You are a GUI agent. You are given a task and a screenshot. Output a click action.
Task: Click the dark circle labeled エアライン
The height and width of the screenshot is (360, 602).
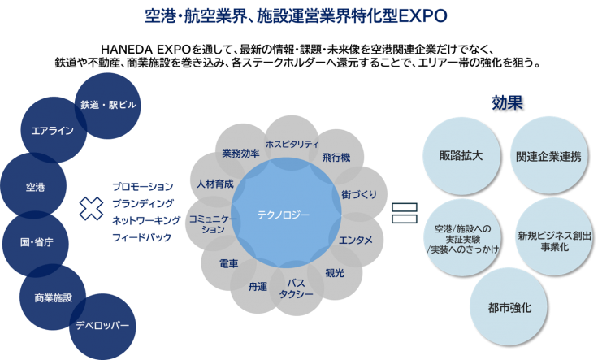[x=52, y=130]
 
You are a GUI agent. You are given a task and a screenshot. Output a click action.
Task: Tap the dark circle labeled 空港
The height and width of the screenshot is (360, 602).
[x=34, y=188]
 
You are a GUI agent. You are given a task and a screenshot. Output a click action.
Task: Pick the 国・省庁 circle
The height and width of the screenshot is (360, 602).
[x=37, y=242]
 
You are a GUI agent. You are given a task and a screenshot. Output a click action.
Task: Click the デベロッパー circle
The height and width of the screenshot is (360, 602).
[x=102, y=325]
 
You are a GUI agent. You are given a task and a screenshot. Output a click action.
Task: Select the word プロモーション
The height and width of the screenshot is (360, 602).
[x=143, y=186]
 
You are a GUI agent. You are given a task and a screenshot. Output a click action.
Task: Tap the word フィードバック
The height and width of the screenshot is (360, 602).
[x=143, y=237]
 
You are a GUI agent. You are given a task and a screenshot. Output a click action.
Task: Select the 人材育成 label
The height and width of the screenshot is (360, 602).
[x=214, y=184]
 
